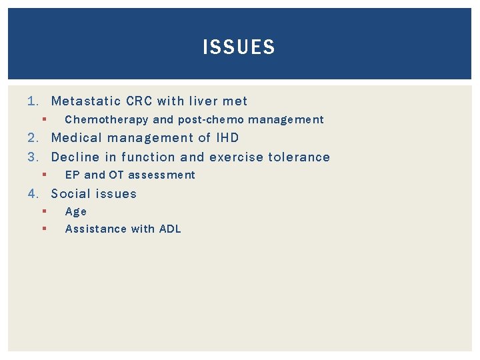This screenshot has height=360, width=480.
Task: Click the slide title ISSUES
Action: click(239, 47)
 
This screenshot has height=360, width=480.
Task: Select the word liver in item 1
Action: click(203, 101)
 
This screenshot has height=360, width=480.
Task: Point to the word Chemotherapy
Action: click(107, 120)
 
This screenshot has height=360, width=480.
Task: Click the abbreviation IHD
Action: click(227, 138)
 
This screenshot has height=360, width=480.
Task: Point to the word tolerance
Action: click(299, 157)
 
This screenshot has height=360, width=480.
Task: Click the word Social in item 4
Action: click(70, 194)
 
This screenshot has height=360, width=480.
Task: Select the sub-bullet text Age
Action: click(76, 212)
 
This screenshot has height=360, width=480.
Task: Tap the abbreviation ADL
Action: click(169, 229)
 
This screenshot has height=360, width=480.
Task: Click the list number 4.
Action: click(32, 194)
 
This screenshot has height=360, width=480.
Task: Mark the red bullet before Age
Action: click(42, 211)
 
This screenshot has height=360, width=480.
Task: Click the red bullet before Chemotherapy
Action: click(42, 120)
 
